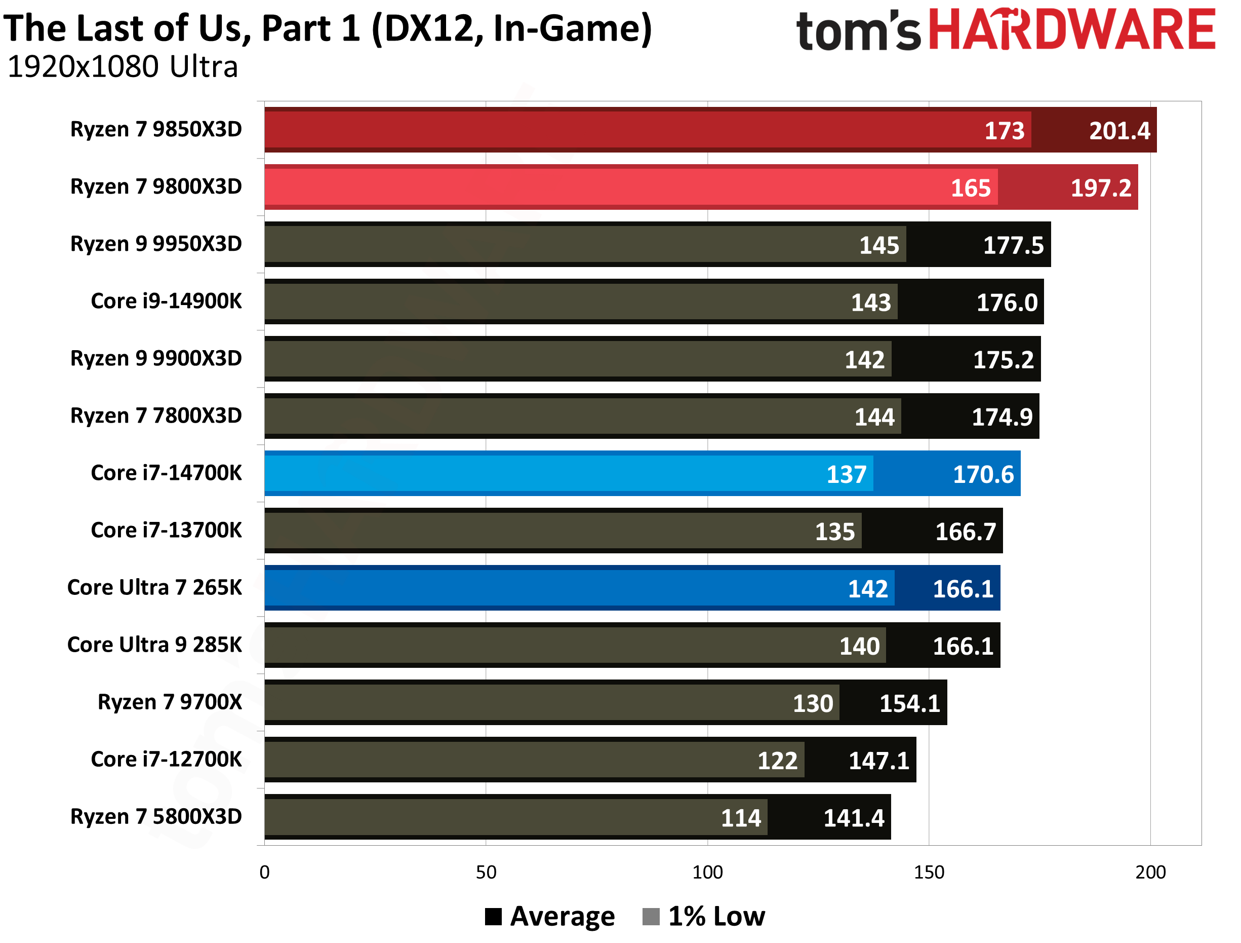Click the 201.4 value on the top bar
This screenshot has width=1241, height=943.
click(x=1119, y=131)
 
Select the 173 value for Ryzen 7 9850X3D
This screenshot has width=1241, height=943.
click(x=1004, y=131)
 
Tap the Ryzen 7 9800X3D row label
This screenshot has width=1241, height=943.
click(x=156, y=186)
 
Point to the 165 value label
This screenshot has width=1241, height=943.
click(x=971, y=188)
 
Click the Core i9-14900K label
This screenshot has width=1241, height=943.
click(x=166, y=301)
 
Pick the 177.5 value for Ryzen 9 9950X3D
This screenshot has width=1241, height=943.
click(x=1013, y=245)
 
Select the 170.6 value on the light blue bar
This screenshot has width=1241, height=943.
click(x=983, y=474)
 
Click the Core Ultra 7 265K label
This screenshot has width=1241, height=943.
click(x=154, y=587)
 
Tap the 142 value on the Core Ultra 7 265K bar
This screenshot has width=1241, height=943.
click(x=867, y=589)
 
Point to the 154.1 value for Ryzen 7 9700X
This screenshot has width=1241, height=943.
click(x=909, y=703)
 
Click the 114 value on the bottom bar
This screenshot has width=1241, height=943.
click(x=741, y=818)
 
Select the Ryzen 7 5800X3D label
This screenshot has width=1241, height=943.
click(x=156, y=816)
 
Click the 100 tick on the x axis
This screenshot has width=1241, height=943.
click(x=707, y=872)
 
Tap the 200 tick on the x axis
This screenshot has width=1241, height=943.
click(x=1150, y=872)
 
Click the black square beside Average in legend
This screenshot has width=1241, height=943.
click(x=493, y=916)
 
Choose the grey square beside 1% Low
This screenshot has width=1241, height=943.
click(x=650, y=916)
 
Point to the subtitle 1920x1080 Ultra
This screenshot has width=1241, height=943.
click(x=123, y=67)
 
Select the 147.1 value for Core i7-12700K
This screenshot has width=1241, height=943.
click(x=878, y=761)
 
